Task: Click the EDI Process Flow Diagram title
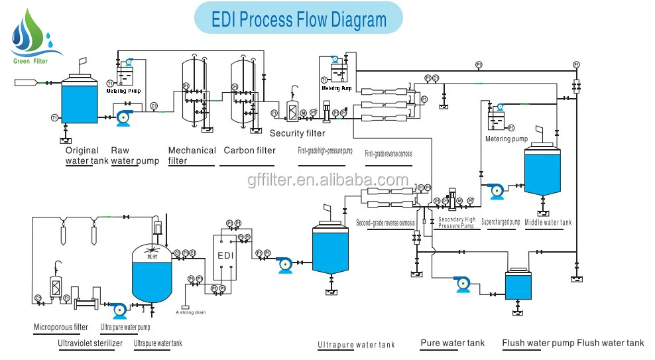[x=298, y=19]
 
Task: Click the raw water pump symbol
[x=124, y=118]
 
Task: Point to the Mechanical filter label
[x=192, y=155]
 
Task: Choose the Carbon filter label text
[x=249, y=150]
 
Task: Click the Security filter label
[x=298, y=133]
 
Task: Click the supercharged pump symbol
[x=495, y=191]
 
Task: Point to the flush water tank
[x=517, y=285]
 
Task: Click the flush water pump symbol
[x=463, y=284]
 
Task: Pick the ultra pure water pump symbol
[x=118, y=309]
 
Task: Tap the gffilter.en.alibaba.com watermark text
[x=327, y=180]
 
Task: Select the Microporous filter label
[x=61, y=327]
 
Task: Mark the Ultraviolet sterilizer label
[x=89, y=343]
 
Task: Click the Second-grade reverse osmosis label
[x=386, y=222]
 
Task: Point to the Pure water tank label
[x=452, y=343]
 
